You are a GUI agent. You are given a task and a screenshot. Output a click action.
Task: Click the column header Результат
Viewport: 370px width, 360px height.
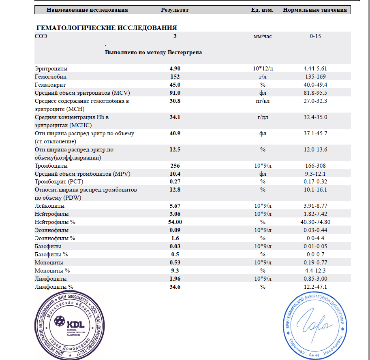[x=175, y=10]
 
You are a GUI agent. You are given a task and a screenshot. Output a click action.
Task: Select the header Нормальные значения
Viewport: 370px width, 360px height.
[x=315, y=10]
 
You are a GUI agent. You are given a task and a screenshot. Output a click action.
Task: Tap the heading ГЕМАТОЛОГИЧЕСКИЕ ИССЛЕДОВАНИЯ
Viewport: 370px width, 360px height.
[x=107, y=28]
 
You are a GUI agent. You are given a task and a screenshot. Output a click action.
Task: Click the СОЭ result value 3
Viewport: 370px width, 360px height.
[x=175, y=36]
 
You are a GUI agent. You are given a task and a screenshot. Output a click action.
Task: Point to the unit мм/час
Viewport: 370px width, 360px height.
[x=263, y=36]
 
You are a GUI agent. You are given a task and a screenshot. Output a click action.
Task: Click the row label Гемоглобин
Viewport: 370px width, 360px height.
[x=51, y=77]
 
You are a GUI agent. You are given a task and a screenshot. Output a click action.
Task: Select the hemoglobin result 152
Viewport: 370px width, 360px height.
[x=175, y=77]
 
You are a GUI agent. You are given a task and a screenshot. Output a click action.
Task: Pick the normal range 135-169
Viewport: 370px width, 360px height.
[x=315, y=77]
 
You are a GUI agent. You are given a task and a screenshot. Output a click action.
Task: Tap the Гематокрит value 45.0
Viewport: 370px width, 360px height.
[x=175, y=85]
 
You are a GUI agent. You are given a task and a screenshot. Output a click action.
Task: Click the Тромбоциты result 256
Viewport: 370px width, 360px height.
[x=175, y=166]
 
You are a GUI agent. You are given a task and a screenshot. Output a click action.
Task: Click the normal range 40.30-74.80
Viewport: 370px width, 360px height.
[x=315, y=222]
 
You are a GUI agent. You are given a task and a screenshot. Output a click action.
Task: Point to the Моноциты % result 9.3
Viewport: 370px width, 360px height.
[x=175, y=271]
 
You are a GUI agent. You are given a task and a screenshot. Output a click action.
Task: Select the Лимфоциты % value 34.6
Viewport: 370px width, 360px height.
[x=175, y=287]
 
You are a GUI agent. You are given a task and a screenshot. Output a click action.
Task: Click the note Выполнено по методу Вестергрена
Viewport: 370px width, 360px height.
[x=154, y=53]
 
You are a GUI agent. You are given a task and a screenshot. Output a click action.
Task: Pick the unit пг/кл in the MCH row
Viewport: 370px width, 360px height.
[x=263, y=101]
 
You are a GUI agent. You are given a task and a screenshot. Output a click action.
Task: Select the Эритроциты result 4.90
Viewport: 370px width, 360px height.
[x=175, y=68]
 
